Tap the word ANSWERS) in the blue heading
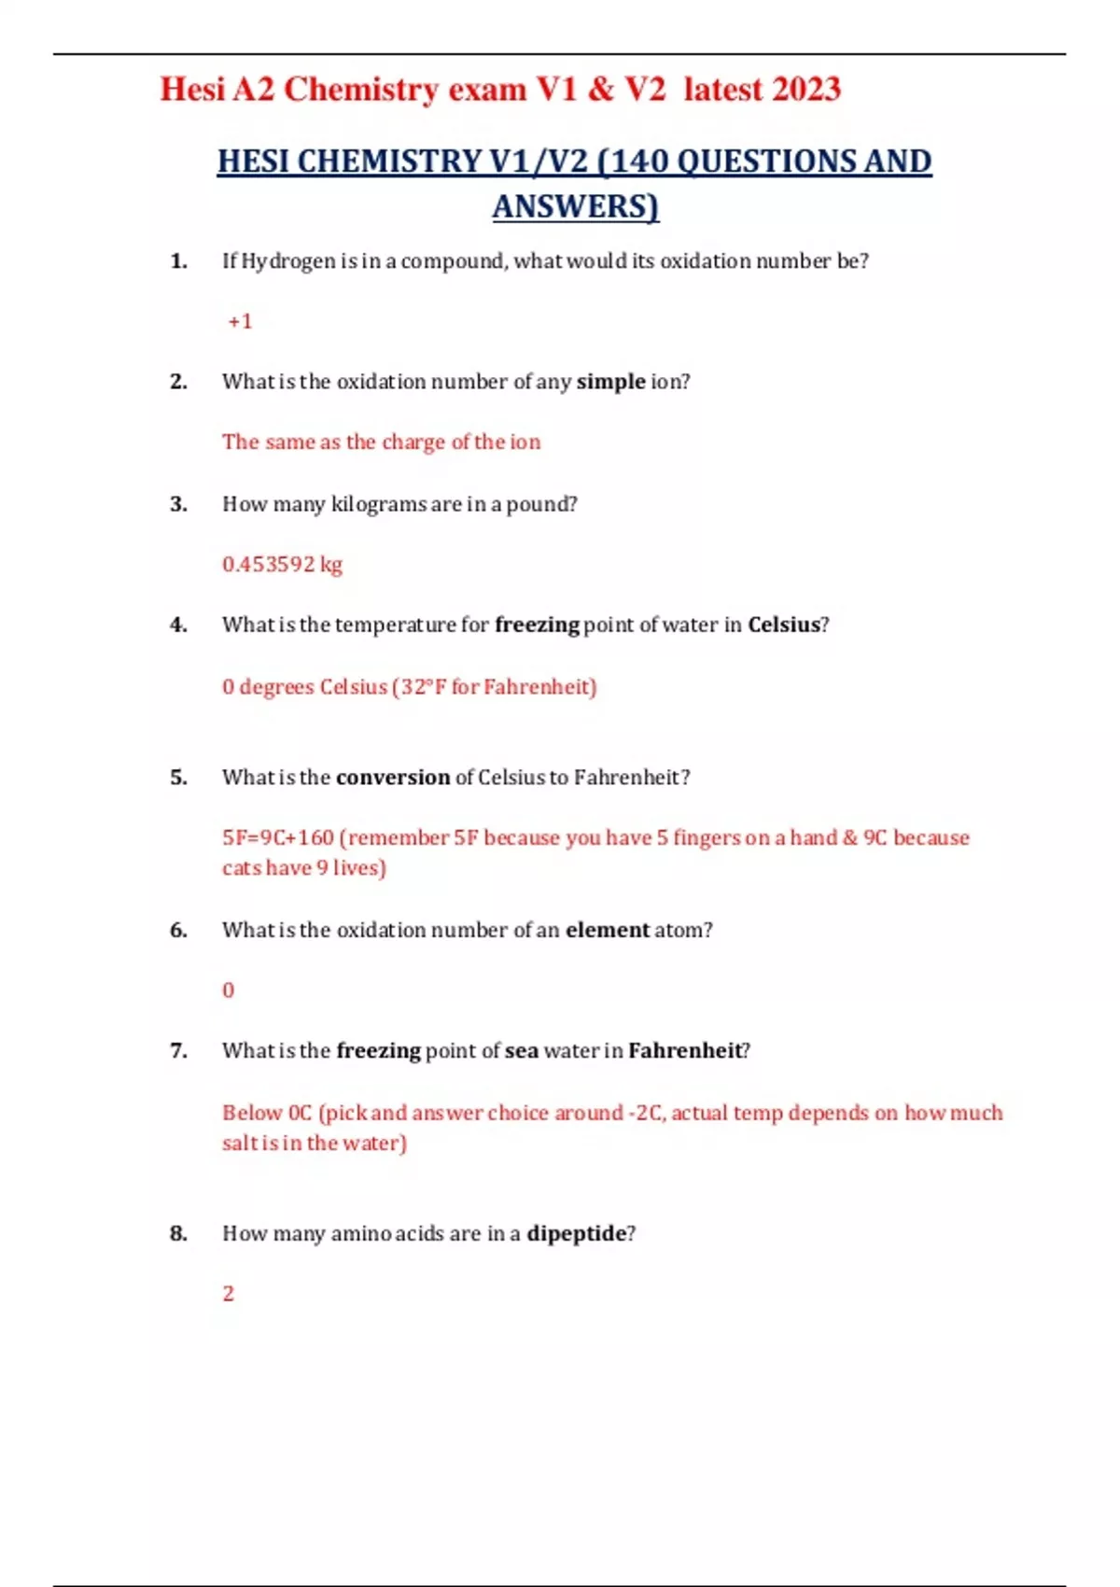click(575, 206)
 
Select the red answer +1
click(240, 321)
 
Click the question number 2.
click(178, 382)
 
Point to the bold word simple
click(610, 382)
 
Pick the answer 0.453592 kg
click(282, 565)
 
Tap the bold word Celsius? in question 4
click(788, 625)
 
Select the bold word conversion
click(393, 778)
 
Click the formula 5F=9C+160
click(277, 837)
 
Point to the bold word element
click(607, 930)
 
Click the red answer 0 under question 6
click(228, 990)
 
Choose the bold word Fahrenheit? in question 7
click(689, 1051)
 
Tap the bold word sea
click(522, 1051)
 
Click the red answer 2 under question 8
click(228, 1294)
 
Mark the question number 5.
click(178, 778)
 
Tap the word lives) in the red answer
click(359, 868)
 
